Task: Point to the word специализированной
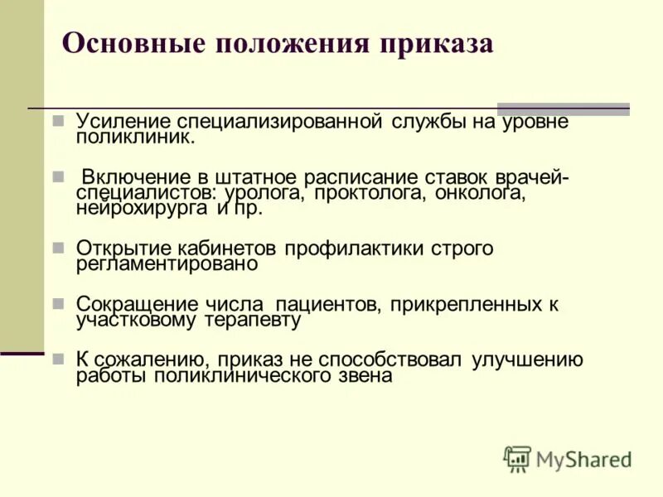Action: click(279, 121)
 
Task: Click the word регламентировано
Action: click(167, 264)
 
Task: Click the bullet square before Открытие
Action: click(58, 248)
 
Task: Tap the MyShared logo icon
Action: click(517, 458)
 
